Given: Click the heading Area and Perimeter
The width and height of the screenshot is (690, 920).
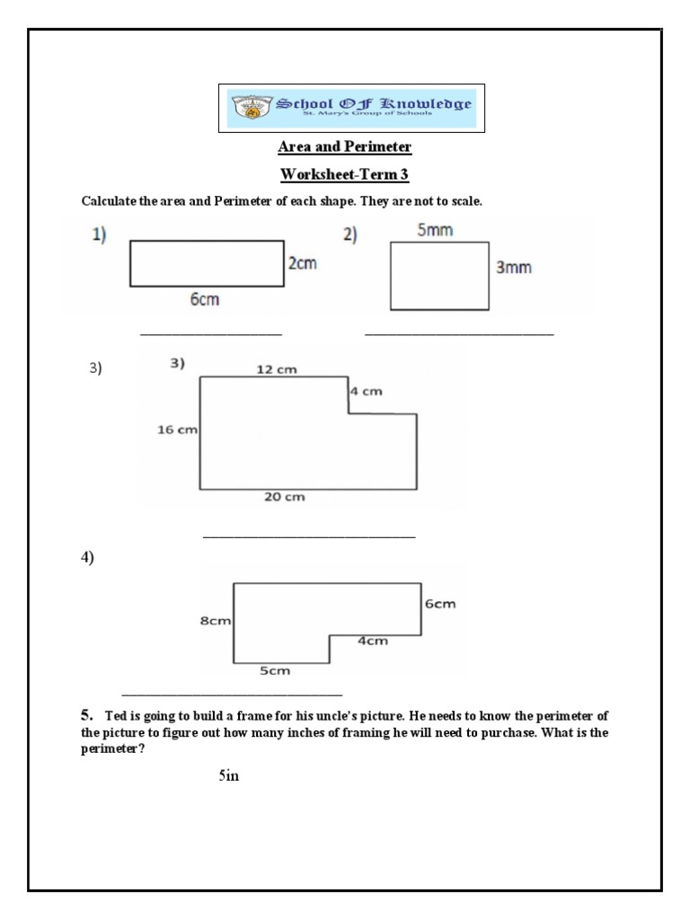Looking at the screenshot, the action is click(x=345, y=146).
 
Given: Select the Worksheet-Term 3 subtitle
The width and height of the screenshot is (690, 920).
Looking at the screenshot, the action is click(x=345, y=173).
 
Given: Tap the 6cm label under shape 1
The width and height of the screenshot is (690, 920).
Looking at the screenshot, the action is click(x=205, y=300).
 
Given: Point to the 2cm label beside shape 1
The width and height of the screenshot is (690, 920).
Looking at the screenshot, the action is click(x=302, y=264).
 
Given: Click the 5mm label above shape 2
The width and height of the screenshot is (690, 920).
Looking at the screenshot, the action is click(x=435, y=231).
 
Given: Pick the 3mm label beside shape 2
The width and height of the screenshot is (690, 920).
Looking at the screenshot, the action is click(x=513, y=268).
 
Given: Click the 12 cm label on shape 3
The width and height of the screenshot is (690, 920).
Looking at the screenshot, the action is click(x=277, y=369).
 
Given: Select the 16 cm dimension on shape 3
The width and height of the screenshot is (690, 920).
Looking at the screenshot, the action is click(x=177, y=429).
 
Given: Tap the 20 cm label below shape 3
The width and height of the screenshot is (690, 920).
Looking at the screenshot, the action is click(x=286, y=497).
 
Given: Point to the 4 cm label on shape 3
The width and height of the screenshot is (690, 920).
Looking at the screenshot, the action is click(x=366, y=392).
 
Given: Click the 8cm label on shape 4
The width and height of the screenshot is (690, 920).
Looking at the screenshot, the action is click(x=217, y=620).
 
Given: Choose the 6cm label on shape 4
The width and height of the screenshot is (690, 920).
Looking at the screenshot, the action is click(x=440, y=604).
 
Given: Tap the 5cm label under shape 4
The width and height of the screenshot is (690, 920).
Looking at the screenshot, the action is click(x=275, y=670).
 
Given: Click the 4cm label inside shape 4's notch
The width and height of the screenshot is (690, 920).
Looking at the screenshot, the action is click(x=373, y=641).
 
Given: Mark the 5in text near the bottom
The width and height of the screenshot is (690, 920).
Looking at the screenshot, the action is click(x=228, y=775).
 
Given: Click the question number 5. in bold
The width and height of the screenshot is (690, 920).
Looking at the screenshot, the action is click(x=86, y=715).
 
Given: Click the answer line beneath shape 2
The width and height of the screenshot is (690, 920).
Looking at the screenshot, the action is click(x=459, y=335).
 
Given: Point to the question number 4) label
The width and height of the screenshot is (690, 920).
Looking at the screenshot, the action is click(x=87, y=558).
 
